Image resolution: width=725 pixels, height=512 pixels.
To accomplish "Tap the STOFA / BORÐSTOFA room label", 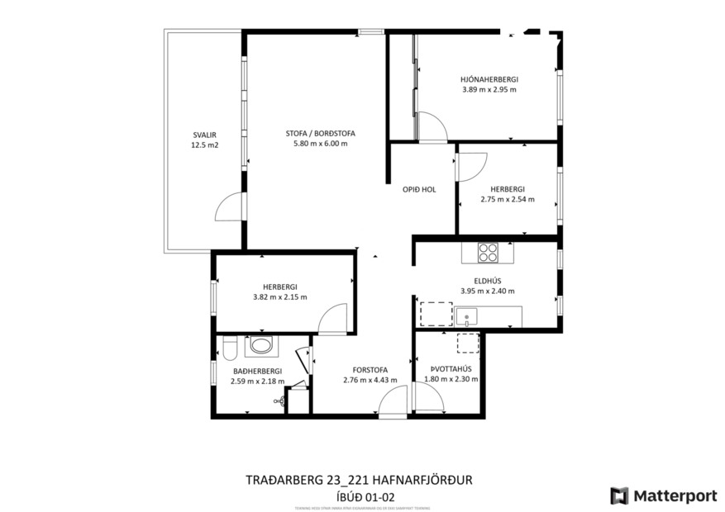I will tap(320, 134).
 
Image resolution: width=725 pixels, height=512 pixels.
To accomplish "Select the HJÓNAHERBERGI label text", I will tap(489, 79).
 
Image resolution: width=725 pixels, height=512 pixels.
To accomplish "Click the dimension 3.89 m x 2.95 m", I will tap(489, 89).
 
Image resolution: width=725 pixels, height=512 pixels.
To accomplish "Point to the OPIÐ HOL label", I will tap(419, 189).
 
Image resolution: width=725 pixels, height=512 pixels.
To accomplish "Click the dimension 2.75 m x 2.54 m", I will tap(507, 199).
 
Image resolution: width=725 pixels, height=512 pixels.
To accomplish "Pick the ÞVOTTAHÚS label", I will tap(451, 369).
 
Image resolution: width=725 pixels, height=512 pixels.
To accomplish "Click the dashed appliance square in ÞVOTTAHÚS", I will tap(467, 342).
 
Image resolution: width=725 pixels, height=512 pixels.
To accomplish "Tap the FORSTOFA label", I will tap(370, 370).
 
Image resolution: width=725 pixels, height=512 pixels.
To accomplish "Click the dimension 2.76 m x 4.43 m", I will tap(370, 380).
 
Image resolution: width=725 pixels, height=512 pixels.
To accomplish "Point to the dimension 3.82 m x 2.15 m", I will tap(279, 297).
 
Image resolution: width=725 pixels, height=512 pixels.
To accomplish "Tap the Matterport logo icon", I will tap(619, 495).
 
